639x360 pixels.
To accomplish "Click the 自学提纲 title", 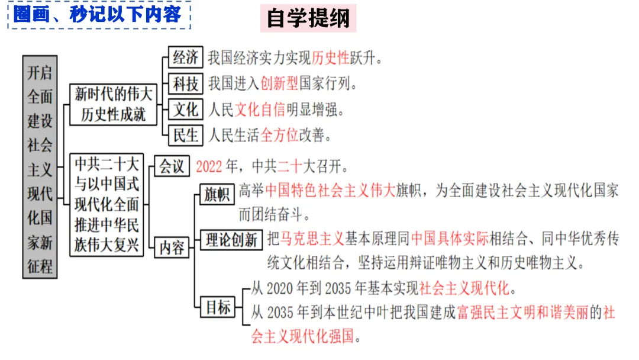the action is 308,18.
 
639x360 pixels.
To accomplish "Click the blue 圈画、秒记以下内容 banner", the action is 98,14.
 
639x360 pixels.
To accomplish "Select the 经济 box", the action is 185,57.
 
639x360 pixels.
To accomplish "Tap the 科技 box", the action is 185,83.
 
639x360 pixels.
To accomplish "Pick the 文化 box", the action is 185,110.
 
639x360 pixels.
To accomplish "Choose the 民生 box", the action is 185,135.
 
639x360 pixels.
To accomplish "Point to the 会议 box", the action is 172,166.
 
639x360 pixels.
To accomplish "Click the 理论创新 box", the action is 231,240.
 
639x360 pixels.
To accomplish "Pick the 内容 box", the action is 172,247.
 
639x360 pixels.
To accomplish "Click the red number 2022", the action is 208,166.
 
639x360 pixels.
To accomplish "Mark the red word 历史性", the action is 331,58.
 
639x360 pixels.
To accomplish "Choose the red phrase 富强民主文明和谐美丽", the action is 529,312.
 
